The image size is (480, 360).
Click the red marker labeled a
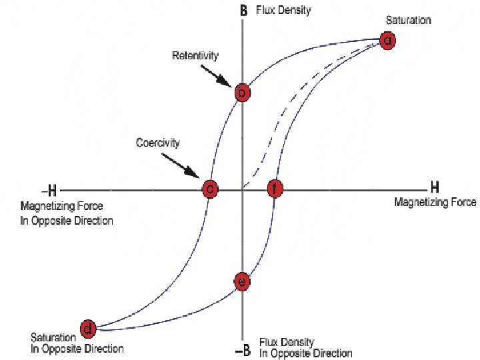click(387, 40)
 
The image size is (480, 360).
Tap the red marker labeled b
click(243, 93)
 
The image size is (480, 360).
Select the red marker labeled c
click(210, 189)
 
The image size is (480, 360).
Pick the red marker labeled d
click(87, 328)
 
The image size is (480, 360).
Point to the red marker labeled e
click(243, 282)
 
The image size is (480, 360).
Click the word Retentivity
click(195, 55)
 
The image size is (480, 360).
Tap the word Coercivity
click(159, 142)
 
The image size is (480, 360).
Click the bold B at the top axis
click(244, 10)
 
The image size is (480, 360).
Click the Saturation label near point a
click(408, 20)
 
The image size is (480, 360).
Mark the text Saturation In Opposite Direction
click(77, 343)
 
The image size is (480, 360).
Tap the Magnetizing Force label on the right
click(435, 202)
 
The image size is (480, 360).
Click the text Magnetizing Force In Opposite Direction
click(67, 213)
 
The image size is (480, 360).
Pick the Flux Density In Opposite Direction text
click(305, 347)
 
